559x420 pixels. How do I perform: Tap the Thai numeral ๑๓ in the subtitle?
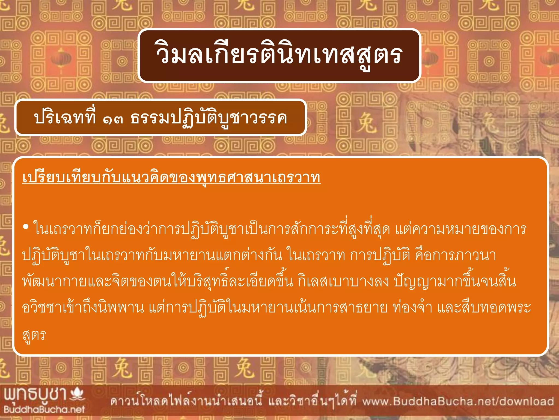pyautogui.click(x=113, y=118)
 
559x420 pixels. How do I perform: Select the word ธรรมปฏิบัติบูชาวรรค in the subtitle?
pyautogui.click(x=209, y=118)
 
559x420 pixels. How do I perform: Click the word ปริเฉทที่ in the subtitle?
pyautogui.click(x=65, y=118)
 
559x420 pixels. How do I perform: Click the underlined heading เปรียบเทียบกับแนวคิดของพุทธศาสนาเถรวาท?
pyautogui.click(x=171, y=178)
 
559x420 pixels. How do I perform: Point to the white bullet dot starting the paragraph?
pyautogui.click(x=26, y=227)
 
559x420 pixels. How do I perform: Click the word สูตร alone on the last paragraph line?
pyautogui.click(x=34, y=335)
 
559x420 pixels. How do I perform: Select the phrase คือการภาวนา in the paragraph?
pyautogui.click(x=455, y=255)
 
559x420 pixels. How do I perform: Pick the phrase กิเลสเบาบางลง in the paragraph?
pyautogui.click(x=343, y=282)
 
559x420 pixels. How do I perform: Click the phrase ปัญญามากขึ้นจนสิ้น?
pyautogui.click(x=455, y=282)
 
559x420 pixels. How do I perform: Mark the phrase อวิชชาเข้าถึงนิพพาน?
pyautogui.click(x=83, y=308)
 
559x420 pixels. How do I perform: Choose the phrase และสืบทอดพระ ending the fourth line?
pyautogui.click(x=484, y=308)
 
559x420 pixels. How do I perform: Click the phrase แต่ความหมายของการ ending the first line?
pyautogui.click(x=460, y=229)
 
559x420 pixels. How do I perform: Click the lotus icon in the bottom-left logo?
pyautogui.click(x=77, y=394)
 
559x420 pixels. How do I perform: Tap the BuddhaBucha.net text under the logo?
pyautogui.click(x=44, y=409)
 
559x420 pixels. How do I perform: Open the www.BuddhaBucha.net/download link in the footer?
pyautogui.click(x=458, y=401)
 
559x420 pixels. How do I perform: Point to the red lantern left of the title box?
pyautogui.click(x=61, y=59)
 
